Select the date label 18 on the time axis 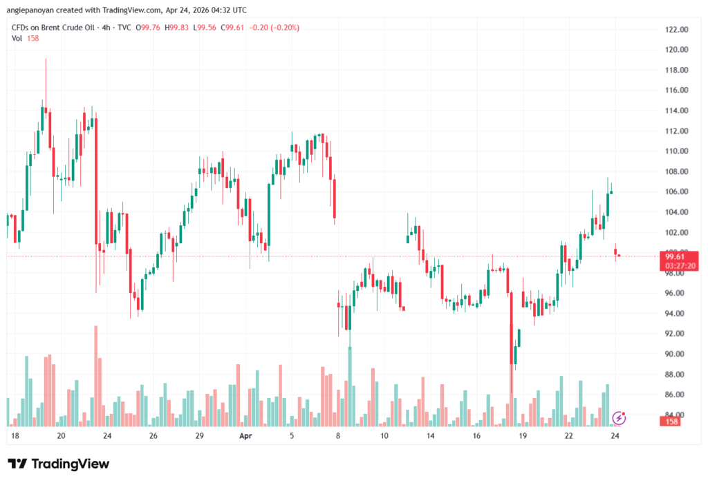pos(15,436)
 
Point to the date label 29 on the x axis pos(199,436)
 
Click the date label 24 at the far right pos(614,436)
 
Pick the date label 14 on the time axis pos(430,436)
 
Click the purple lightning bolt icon pos(619,417)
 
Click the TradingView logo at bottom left pos(59,464)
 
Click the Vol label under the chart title pos(17,38)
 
